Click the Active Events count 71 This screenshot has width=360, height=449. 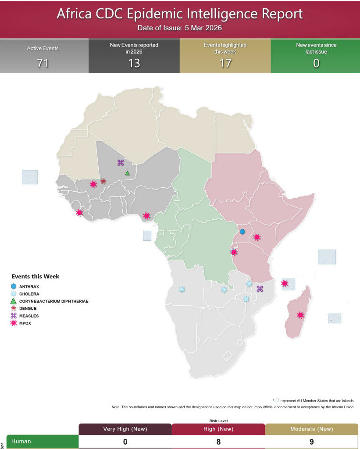[43, 63]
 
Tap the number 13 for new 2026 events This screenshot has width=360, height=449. [134, 63]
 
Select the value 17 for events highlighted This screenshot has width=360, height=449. [225, 63]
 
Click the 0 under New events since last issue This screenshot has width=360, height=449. [316, 63]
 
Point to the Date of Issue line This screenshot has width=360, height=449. [179, 28]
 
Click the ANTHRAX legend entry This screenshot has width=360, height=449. [30, 287]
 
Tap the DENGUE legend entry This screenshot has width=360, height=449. [28, 309]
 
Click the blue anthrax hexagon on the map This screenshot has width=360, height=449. [242, 232]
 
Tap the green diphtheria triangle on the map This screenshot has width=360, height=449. [128, 173]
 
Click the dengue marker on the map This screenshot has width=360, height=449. [103, 181]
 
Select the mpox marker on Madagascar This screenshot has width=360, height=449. [300, 315]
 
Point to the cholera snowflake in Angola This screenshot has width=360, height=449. [182, 289]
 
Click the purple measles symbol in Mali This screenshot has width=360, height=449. [121, 163]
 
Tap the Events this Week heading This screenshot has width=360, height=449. [36, 277]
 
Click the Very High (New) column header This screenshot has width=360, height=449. [125, 429]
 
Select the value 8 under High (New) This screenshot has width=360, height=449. [218, 442]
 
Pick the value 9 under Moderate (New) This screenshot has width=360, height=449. [311, 442]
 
